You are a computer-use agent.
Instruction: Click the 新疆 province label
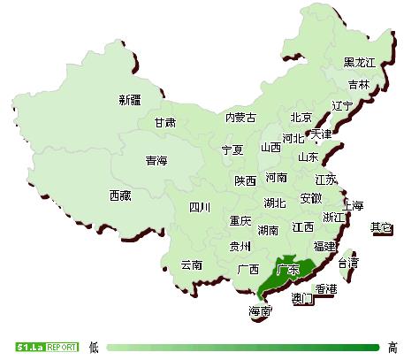(x=130, y=100)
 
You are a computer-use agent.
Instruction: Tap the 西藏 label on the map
(x=121, y=195)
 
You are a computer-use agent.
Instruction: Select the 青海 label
(x=156, y=161)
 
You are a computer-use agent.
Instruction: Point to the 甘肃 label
(x=164, y=123)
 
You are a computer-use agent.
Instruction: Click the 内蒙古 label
(x=240, y=118)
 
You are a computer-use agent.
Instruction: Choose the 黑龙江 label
(x=360, y=62)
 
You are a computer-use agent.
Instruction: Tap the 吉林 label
(x=359, y=85)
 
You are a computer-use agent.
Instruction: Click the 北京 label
(x=301, y=118)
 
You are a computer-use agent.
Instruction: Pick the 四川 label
(x=200, y=208)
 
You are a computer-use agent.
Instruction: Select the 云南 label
(x=191, y=264)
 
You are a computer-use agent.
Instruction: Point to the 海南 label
(x=260, y=311)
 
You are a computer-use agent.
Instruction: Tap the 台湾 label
(x=349, y=263)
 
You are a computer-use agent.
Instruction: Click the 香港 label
(x=325, y=289)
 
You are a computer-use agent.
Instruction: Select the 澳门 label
(x=302, y=299)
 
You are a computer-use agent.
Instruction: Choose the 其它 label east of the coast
(x=382, y=227)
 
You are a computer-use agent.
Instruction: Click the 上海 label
(x=352, y=205)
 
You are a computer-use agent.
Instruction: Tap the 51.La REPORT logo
(x=46, y=346)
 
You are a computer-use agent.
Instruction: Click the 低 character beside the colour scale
(x=94, y=347)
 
